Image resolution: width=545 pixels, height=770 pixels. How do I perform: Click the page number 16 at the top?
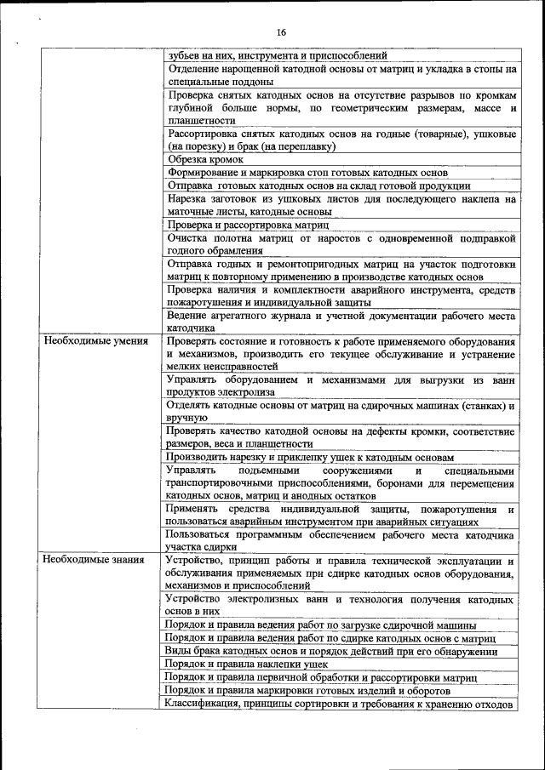280,32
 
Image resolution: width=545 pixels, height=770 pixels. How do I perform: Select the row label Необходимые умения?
95,341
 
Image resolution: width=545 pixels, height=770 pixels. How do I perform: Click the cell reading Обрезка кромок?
206,159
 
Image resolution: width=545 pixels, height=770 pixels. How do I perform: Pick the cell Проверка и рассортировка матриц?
248,225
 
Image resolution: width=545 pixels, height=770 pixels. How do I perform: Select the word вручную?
187,418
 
